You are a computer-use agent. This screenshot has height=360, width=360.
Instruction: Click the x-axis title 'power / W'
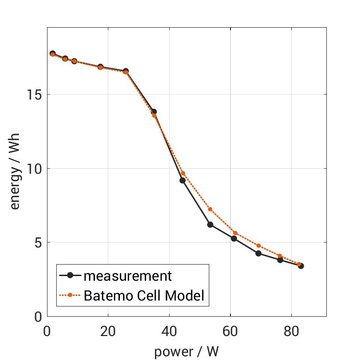(x=186, y=352)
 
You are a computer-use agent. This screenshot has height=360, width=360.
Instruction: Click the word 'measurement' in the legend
(x=128, y=276)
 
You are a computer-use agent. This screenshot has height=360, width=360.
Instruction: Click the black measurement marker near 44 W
(x=183, y=180)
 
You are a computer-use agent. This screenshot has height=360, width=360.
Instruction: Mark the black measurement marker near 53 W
(x=210, y=224)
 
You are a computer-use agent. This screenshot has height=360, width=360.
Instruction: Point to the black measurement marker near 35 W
(x=154, y=112)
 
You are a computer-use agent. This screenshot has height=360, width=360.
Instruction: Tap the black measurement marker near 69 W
(x=259, y=254)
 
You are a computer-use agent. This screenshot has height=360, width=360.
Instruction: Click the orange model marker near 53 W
(x=210, y=209)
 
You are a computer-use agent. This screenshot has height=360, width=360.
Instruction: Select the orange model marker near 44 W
(x=183, y=173)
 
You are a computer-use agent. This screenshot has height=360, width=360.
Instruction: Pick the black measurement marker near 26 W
(x=126, y=71)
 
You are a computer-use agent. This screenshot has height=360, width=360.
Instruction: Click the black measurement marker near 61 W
(x=234, y=238)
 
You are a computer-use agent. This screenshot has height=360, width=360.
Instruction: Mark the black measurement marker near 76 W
(x=280, y=260)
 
